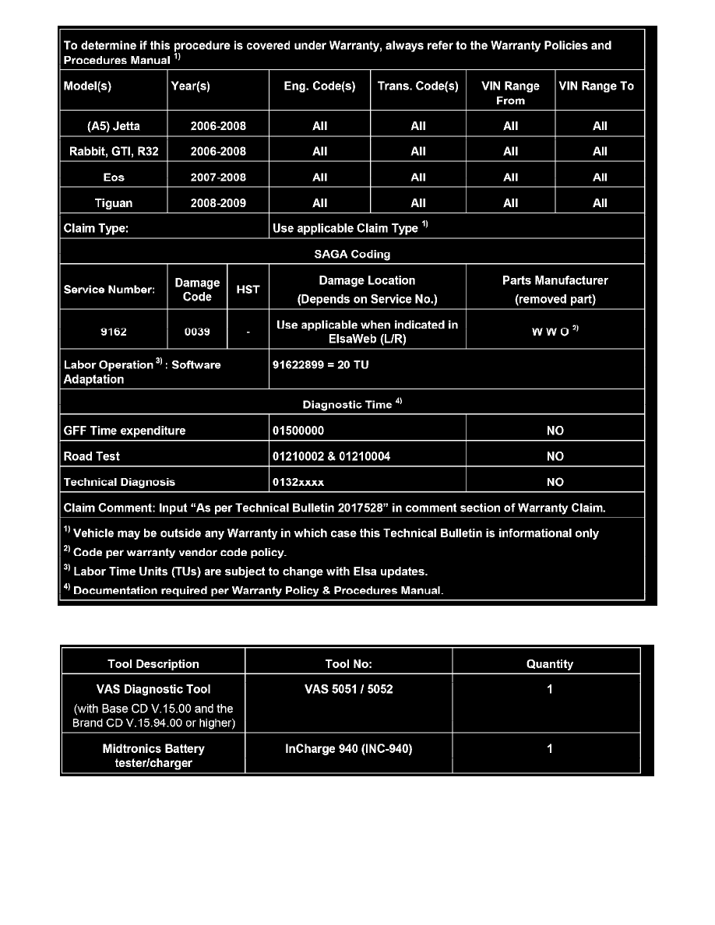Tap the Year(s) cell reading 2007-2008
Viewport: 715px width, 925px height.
pyautogui.click(x=218, y=177)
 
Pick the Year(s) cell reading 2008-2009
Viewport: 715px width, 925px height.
pyautogui.click(x=218, y=203)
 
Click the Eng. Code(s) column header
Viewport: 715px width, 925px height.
pyautogui.click(x=319, y=86)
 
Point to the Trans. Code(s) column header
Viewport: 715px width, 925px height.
pyautogui.click(x=418, y=86)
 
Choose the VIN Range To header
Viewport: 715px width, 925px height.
pyautogui.click(x=597, y=86)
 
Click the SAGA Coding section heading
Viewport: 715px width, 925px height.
pyautogui.click(x=353, y=254)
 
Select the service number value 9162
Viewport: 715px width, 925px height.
pyautogui.click(x=114, y=331)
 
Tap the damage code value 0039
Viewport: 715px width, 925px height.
pyautogui.click(x=197, y=331)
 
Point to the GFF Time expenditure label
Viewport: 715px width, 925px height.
pyautogui.click(x=125, y=431)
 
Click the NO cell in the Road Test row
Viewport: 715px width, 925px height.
pyautogui.click(x=555, y=456)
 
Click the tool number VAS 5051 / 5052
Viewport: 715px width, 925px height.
pyautogui.click(x=349, y=689)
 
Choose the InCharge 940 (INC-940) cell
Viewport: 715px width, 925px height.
pyautogui.click(x=349, y=749)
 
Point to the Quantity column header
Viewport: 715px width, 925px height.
pyautogui.click(x=550, y=664)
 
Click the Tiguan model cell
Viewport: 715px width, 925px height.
pyautogui.click(x=114, y=203)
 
